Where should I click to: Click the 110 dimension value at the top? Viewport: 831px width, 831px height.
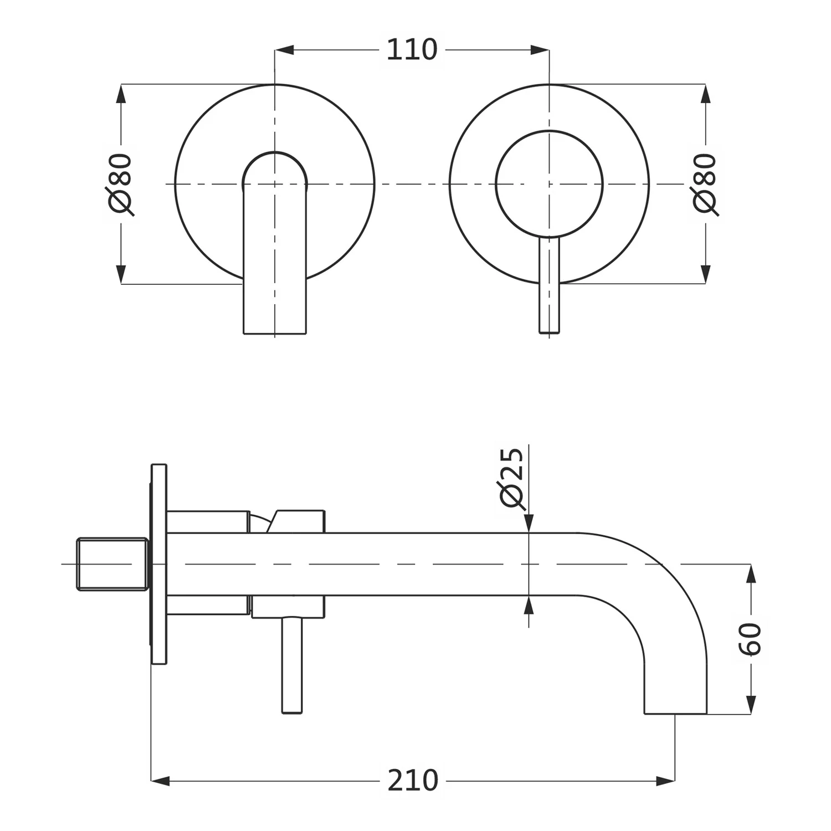point(412,50)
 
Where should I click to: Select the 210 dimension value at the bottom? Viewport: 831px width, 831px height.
point(413,781)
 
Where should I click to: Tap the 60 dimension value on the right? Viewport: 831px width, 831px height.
point(751,639)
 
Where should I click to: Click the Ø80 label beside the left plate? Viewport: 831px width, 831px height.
point(121,184)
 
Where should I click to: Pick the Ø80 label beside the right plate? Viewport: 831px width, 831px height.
point(705,184)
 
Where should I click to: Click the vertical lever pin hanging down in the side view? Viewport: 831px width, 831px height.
point(292,665)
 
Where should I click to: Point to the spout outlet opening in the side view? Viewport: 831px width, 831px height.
point(675,712)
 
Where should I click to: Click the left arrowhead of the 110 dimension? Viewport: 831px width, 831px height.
point(284,50)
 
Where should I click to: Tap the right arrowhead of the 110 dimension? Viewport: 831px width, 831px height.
point(540,50)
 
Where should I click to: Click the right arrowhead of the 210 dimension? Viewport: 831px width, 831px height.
point(666,781)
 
